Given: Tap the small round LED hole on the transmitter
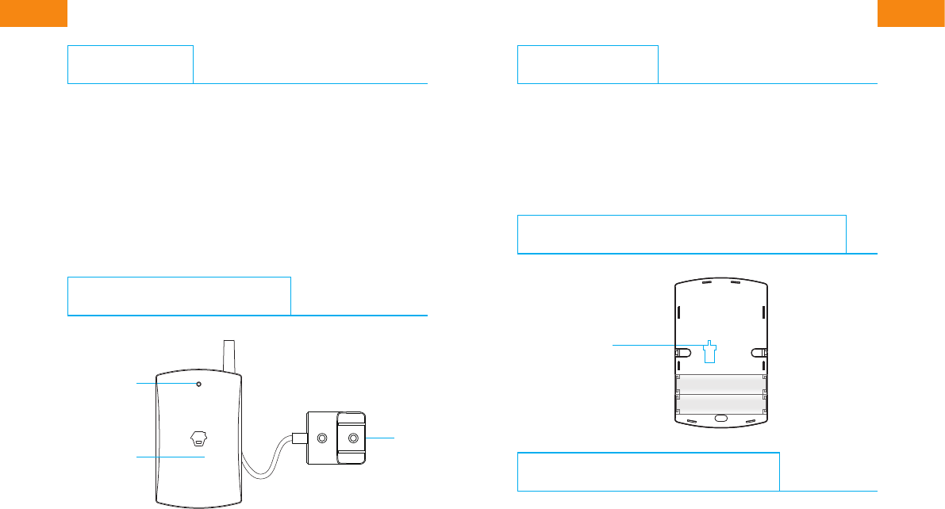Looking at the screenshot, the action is pyautogui.click(x=198, y=384).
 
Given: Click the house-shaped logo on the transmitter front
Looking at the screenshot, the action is pyautogui.click(x=199, y=438).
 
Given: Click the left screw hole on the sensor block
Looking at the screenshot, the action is pyautogui.click(x=322, y=438).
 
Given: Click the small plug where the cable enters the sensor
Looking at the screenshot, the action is pyautogui.click(x=298, y=438).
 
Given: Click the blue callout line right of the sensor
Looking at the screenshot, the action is pyautogui.click(x=381, y=437).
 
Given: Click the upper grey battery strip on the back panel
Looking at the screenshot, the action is pyautogui.click(x=720, y=384).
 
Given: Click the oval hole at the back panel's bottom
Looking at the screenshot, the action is pyautogui.click(x=720, y=418).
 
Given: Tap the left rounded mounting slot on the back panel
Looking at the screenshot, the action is pyautogui.click(x=682, y=352).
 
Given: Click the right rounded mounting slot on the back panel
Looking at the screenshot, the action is pyautogui.click(x=759, y=352).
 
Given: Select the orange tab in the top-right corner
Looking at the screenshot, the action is pyautogui.click(x=911, y=13).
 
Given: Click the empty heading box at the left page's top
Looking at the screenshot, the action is pyautogui.click(x=130, y=64).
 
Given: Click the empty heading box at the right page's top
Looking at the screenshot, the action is pyautogui.click(x=587, y=64).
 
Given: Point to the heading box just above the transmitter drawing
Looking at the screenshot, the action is pyautogui.click(x=179, y=296).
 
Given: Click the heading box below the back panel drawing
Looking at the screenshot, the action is pyautogui.click(x=648, y=472).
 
